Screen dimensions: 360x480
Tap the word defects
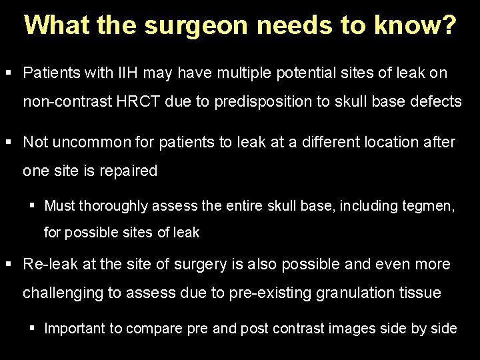coord(433,101)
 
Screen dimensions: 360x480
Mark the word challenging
coord(61,293)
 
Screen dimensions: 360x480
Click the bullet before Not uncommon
coord(9,142)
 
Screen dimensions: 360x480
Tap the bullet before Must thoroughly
coord(30,205)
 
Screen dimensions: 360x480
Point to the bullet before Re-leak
coord(9,264)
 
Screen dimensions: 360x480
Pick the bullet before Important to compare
coord(30,328)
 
